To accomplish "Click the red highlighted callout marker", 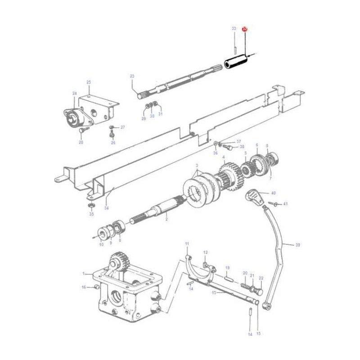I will tap(245, 29).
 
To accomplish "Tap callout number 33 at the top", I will tap(234, 29).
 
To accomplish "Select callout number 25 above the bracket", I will tap(89, 82).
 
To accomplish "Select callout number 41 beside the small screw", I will tap(285, 204).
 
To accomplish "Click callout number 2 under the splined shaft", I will tap(166, 219).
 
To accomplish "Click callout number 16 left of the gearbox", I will tap(83, 287).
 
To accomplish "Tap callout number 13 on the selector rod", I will tap(214, 292).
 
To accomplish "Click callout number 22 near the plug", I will tap(261, 279).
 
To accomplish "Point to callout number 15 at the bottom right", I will tap(258, 333).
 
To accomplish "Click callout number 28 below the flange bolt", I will tap(81, 142).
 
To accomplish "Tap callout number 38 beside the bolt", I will tap(242, 147).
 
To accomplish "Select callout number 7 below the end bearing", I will tap(270, 178).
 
